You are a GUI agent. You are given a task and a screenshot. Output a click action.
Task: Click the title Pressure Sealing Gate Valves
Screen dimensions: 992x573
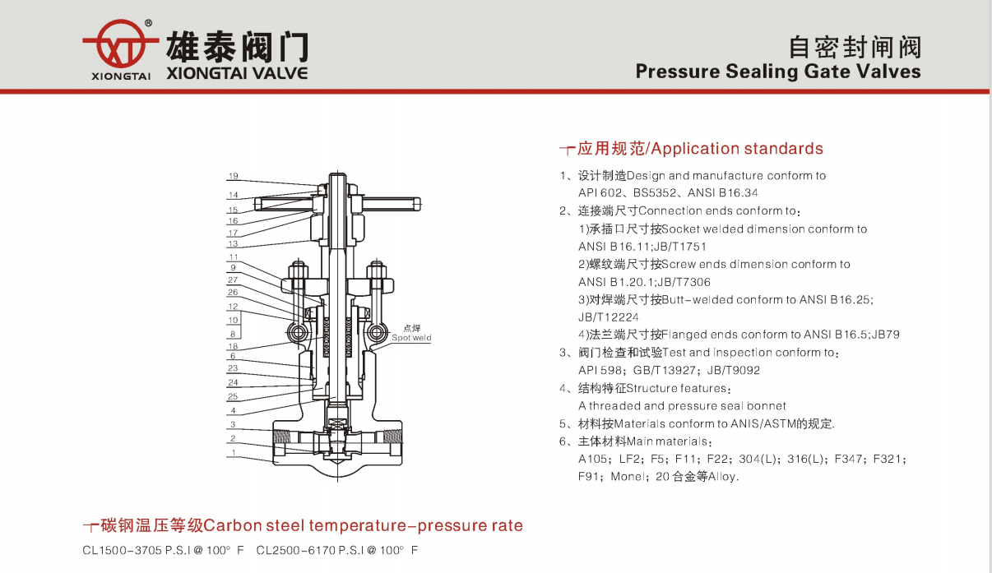[778, 72]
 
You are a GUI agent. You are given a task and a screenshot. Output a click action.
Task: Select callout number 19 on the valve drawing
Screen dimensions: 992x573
[234, 176]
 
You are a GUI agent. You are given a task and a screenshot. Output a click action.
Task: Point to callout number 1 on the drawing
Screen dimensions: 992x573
[234, 452]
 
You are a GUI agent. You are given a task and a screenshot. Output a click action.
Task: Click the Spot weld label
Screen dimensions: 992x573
[411, 338]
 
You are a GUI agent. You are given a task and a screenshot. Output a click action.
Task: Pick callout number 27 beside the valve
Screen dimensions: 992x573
[233, 280]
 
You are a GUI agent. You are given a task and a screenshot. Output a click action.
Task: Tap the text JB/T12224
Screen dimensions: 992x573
[609, 317]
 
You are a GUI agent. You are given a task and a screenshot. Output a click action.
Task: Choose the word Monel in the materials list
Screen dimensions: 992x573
[626, 477]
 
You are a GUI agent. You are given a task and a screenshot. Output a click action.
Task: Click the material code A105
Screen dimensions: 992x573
[592, 459]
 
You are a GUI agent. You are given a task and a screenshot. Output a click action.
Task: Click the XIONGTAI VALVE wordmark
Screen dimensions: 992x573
[237, 73]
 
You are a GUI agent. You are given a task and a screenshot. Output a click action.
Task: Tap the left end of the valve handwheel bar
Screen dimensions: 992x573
[256, 204]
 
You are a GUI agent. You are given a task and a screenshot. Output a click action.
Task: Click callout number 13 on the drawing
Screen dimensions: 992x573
[233, 244]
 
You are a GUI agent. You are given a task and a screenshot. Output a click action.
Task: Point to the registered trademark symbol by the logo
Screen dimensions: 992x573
[148, 23]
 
